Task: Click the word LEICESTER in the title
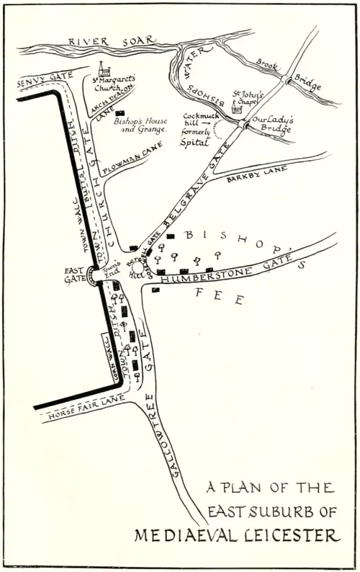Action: coord(295,536)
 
